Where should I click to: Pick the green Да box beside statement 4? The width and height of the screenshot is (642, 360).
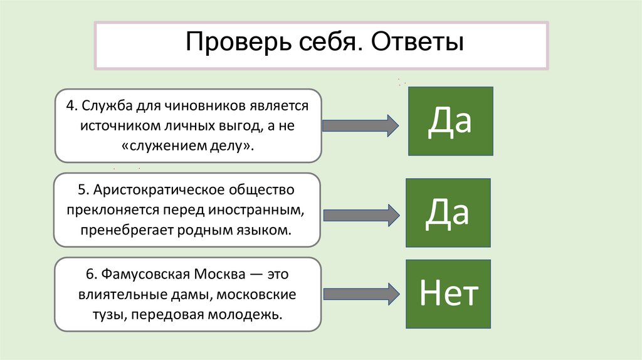pyautogui.click(x=450, y=121)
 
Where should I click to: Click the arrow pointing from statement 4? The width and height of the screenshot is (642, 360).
pyautogui.click(x=359, y=125)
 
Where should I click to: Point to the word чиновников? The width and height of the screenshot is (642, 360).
pyautogui.click(x=205, y=107)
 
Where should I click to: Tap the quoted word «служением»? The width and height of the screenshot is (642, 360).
pyautogui.click(x=162, y=146)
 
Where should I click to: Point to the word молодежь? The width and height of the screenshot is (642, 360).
pyautogui.click(x=248, y=313)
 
